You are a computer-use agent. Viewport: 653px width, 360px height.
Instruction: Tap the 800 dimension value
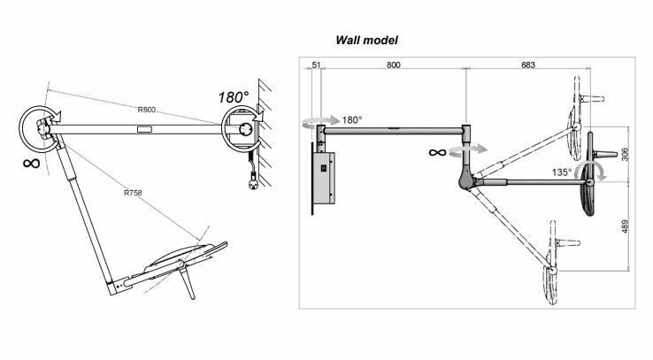pyautogui.click(x=391, y=65)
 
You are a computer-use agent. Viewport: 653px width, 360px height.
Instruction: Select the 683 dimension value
pyautogui.click(x=529, y=65)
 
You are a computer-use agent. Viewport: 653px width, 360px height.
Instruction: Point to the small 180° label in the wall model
pyautogui.click(x=351, y=119)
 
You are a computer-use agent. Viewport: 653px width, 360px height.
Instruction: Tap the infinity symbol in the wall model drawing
pyautogui.click(x=435, y=152)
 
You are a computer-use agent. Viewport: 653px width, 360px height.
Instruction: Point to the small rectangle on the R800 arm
pyautogui.click(x=143, y=129)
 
